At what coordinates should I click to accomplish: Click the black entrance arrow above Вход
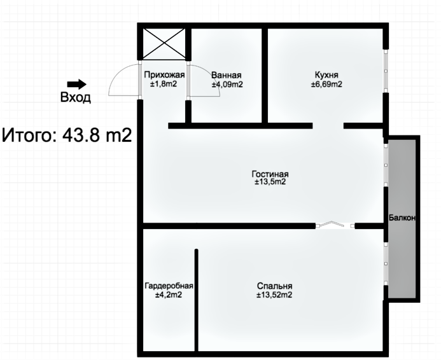(x=76, y=84)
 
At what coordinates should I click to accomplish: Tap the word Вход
(x=76, y=97)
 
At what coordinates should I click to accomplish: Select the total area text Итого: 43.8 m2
(x=67, y=135)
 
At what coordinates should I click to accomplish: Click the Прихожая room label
(x=164, y=75)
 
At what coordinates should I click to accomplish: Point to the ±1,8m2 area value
(x=164, y=84)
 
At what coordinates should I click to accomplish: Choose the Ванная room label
(x=226, y=75)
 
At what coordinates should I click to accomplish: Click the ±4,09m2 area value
(x=227, y=85)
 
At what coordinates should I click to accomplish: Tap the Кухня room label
(x=326, y=75)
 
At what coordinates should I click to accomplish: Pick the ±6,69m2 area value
(x=326, y=84)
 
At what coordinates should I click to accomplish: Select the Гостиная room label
(x=270, y=174)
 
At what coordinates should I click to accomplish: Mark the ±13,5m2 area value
(x=270, y=182)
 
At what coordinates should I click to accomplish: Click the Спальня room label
(x=274, y=286)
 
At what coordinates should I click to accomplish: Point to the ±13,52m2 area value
(x=274, y=294)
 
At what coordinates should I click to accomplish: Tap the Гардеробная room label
(x=169, y=286)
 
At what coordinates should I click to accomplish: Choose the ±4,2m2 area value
(x=169, y=294)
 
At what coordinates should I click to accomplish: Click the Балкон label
(x=402, y=218)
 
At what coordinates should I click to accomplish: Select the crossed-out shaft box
(x=164, y=44)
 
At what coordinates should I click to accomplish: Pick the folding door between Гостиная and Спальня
(x=335, y=225)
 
